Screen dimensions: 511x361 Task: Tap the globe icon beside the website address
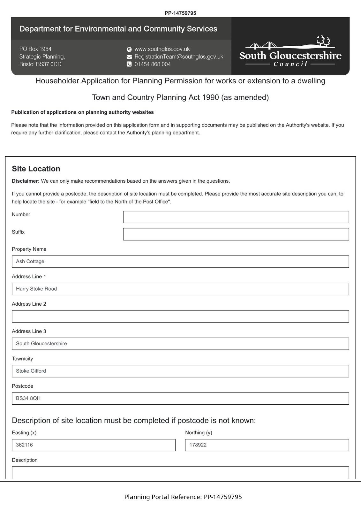129,49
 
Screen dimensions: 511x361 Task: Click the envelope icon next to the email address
129,57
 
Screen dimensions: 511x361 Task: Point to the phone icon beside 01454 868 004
129,64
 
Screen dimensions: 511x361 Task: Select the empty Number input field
236,217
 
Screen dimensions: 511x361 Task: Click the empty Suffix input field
236,234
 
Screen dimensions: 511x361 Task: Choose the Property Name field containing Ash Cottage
180,262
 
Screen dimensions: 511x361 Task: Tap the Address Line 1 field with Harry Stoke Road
180,289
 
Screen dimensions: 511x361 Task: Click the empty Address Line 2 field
180,316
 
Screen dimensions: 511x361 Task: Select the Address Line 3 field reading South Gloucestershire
180,344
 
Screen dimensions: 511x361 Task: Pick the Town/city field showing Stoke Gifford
180,371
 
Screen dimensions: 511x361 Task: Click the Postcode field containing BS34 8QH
180,399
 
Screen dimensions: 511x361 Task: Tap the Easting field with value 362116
94,445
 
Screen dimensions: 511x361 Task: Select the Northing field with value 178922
267,445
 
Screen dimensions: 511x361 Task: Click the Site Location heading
36,169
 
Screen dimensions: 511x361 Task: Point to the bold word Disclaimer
26,181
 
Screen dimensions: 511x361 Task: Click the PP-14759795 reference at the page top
180,13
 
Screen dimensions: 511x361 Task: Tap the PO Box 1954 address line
35,49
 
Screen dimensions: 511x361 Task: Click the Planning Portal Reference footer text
183,497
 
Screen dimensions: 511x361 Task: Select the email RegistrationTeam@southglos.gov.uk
179,57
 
